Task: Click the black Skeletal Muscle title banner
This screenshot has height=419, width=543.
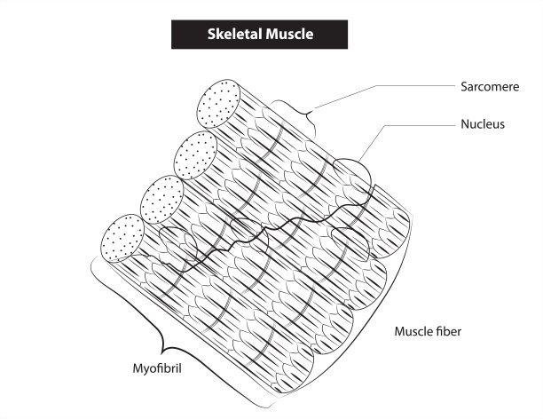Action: [260, 35]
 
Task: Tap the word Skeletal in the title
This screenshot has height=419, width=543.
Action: [232, 35]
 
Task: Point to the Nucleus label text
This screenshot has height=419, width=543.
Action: [484, 124]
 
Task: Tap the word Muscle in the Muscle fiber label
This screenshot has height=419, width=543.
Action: [413, 332]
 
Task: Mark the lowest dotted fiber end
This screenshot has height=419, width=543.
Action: [123, 237]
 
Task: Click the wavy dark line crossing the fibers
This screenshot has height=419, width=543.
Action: [266, 235]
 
